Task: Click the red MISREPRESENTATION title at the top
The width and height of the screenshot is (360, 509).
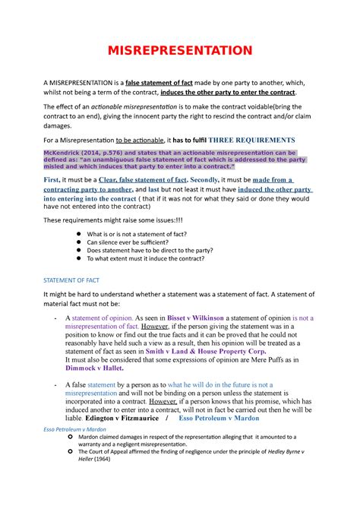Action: click(180, 51)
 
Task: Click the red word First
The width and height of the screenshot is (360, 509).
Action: click(55, 179)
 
